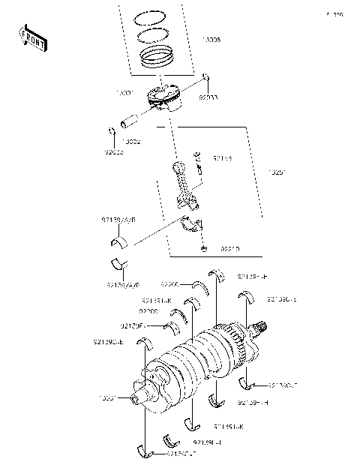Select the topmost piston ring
(156, 16)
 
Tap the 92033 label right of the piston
(209, 97)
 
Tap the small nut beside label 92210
(202, 247)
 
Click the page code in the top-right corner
(334, 13)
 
